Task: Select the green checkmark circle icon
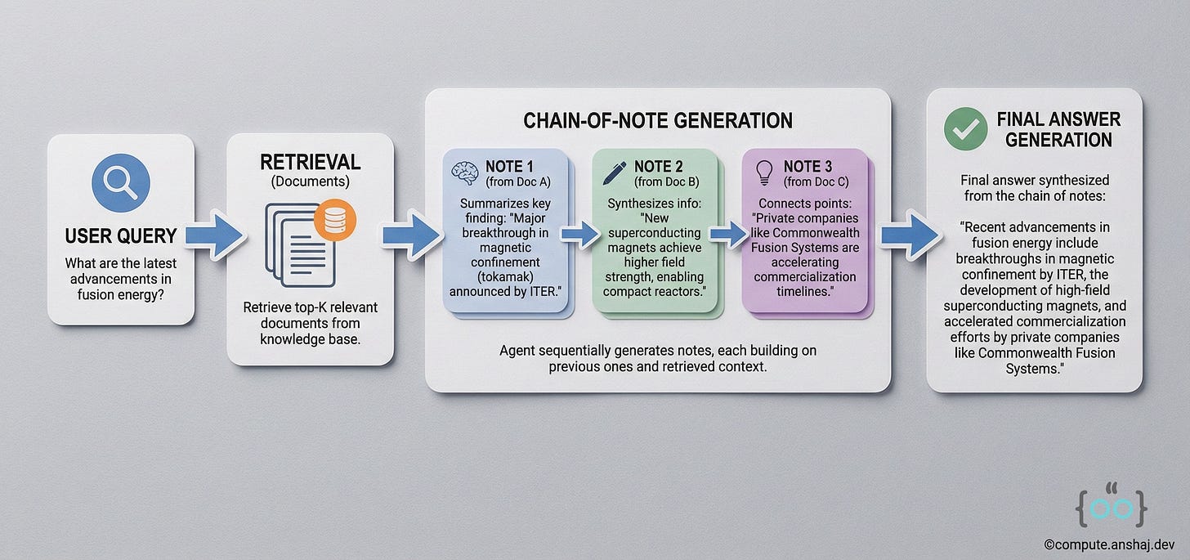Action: click(965, 129)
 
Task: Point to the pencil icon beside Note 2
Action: click(615, 172)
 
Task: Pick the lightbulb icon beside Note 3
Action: click(764, 172)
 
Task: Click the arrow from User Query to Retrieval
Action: click(215, 235)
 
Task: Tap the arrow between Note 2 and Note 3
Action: click(729, 235)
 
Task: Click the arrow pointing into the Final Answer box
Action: click(908, 235)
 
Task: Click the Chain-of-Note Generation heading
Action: click(657, 121)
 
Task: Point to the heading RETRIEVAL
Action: click(310, 162)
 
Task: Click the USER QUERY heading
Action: click(121, 236)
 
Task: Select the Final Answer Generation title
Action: click(1058, 129)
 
